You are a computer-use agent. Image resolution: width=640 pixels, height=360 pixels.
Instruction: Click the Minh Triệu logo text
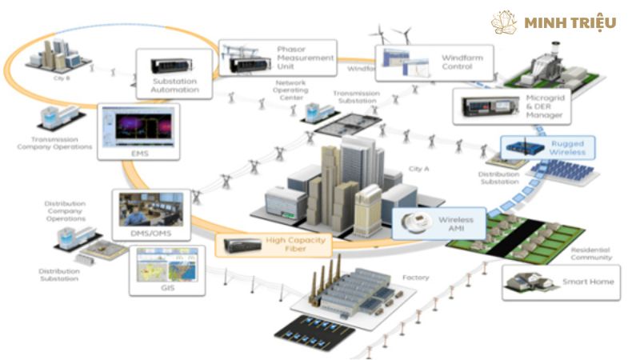tap(570, 22)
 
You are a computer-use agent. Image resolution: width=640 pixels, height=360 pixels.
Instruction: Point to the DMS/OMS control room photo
tap(150, 210)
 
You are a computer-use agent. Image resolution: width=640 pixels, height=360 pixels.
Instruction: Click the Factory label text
tap(417, 278)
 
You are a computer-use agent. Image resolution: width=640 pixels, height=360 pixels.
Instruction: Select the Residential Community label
tap(591, 254)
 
